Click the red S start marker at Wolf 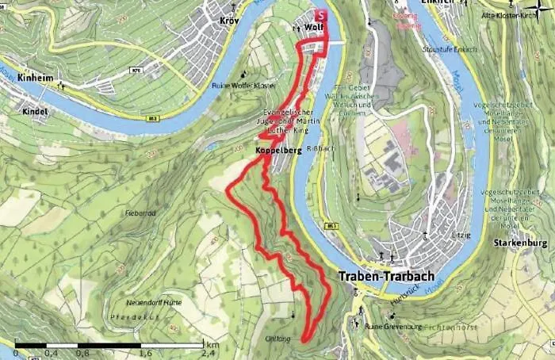[x=321, y=15]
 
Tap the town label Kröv [x=229, y=19]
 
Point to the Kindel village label [x=36, y=111]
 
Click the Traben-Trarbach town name [x=387, y=277]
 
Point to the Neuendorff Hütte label [x=154, y=303]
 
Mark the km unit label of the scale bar [x=212, y=345]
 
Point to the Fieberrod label [x=140, y=213]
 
